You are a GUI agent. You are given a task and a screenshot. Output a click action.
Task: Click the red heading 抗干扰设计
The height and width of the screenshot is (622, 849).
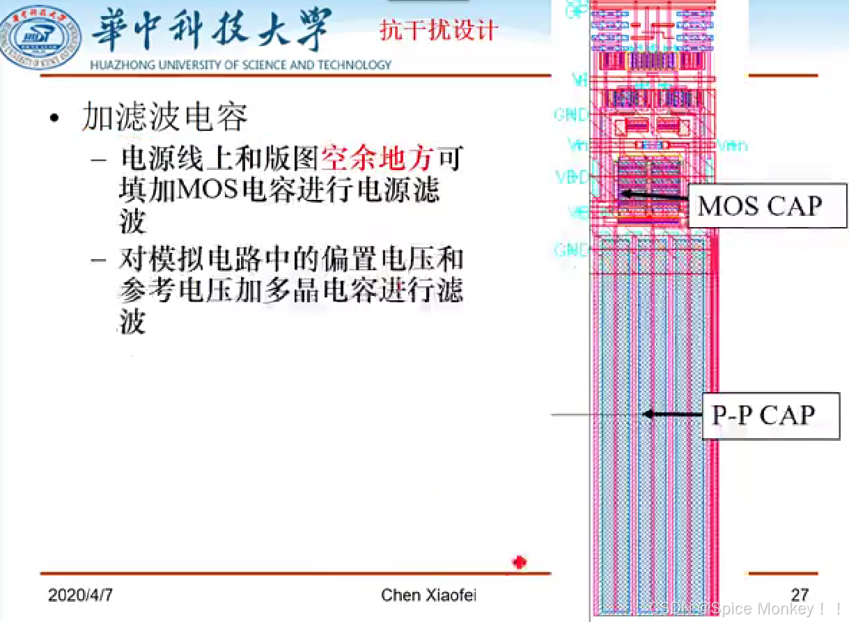pos(438,30)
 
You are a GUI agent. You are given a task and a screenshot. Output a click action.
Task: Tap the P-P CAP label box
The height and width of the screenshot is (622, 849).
pos(763,415)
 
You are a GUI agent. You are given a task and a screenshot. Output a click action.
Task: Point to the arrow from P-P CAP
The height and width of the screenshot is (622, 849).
pos(672,414)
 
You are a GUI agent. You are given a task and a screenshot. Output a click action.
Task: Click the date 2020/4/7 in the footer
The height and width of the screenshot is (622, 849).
pos(81,595)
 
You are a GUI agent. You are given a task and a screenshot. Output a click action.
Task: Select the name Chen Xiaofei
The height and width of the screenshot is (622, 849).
pos(428,595)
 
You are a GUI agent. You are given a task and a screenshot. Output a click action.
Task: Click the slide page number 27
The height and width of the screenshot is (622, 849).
pos(800,595)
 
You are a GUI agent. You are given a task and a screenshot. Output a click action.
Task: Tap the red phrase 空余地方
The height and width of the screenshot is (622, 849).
pos(378,159)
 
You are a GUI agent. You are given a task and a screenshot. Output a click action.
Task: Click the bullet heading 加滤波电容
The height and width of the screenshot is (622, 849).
pos(165,117)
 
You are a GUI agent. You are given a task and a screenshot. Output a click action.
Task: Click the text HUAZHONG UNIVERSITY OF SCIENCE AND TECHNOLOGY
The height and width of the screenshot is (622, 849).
pos(241,65)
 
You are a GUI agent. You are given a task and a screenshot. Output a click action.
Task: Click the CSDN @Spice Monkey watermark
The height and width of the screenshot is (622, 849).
pos(745,609)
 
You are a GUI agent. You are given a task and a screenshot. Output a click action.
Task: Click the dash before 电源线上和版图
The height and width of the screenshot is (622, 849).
pos(100,160)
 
